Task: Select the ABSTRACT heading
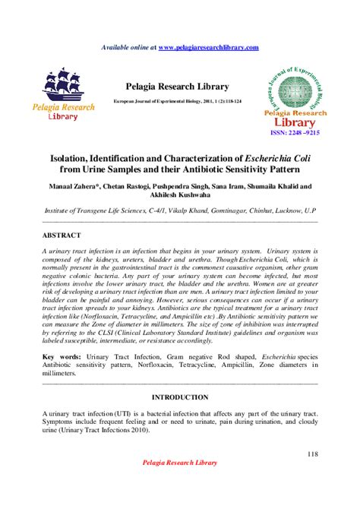(x=62, y=236)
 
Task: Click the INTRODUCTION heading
(x=179, y=397)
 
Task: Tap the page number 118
(x=311, y=454)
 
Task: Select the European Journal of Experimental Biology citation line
(x=179, y=100)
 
